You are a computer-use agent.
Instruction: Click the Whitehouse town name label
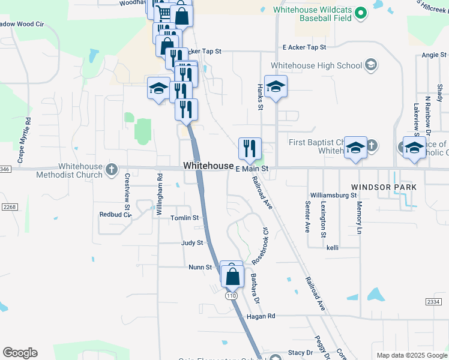tap(208, 166)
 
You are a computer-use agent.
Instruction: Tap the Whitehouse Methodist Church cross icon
tap(111, 170)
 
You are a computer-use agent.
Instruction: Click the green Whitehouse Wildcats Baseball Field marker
tap(360, 13)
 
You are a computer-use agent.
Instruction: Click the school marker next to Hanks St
tap(276, 87)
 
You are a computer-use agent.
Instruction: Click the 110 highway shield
tap(231, 296)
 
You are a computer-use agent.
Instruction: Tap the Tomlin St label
tap(184, 218)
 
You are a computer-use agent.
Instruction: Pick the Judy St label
tap(192, 243)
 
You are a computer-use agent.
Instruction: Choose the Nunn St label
tap(200, 267)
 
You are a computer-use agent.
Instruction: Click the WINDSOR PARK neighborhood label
tap(384, 187)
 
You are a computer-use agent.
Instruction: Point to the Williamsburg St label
tap(334, 196)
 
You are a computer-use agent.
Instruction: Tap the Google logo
tap(20, 352)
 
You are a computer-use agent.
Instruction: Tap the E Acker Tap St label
tap(304, 47)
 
